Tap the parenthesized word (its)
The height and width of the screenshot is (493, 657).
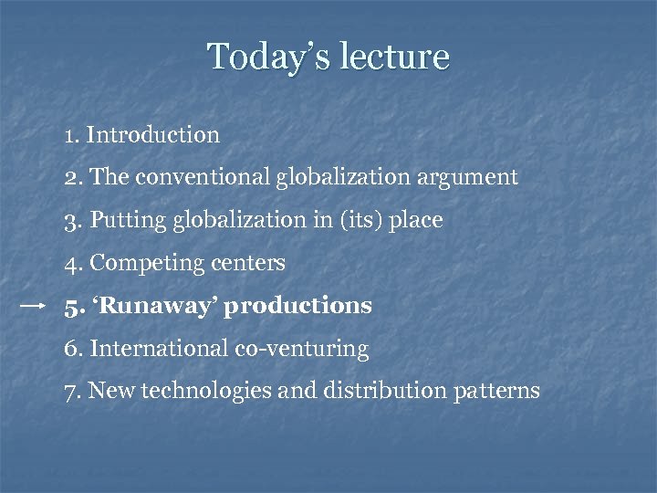pyautogui.click(x=357, y=220)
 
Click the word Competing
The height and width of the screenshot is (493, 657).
pyautogui.click(x=144, y=264)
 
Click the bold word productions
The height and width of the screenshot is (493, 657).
pyautogui.click(x=302, y=306)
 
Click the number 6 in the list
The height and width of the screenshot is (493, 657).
pyautogui.click(x=70, y=349)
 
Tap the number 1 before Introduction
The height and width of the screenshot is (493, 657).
pyautogui.click(x=69, y=135)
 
